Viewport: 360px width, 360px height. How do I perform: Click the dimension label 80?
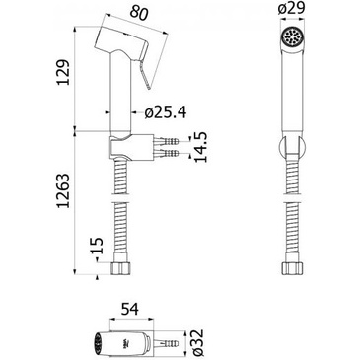pos(139,14)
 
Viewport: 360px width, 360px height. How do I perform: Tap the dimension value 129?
pos(63,73)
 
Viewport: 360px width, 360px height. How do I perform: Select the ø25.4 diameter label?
pos(166,112)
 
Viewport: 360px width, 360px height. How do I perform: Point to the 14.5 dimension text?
pos(200,147)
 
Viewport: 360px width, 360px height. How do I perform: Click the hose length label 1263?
pos(63,190)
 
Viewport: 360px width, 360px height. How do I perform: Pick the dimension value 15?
pos(97,246)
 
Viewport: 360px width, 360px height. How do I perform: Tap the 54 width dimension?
pos(130,310)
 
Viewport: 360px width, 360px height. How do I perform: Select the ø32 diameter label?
pos(197,342)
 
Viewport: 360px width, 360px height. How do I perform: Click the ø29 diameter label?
pos(292,9)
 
